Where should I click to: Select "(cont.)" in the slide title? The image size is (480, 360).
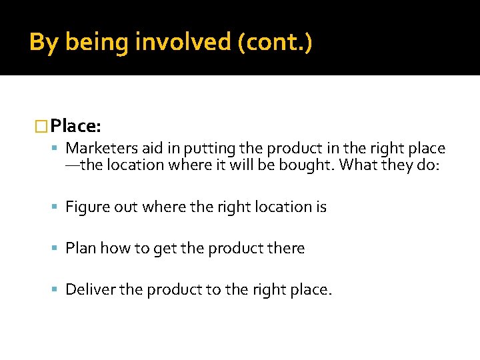(x=273, y=43)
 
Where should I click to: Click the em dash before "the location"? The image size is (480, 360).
(x=72, y=165)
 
